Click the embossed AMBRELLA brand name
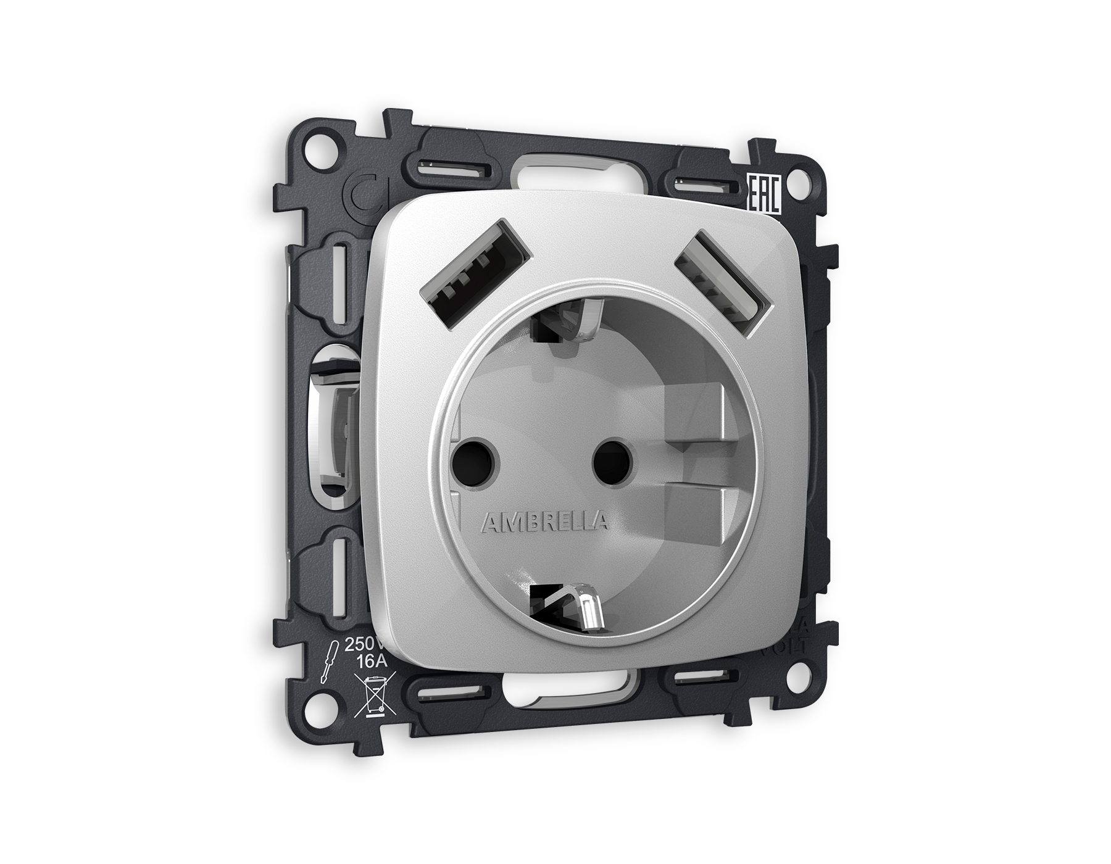(544, 523)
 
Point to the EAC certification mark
(764, 194)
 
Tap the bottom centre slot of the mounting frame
(565, 701)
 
